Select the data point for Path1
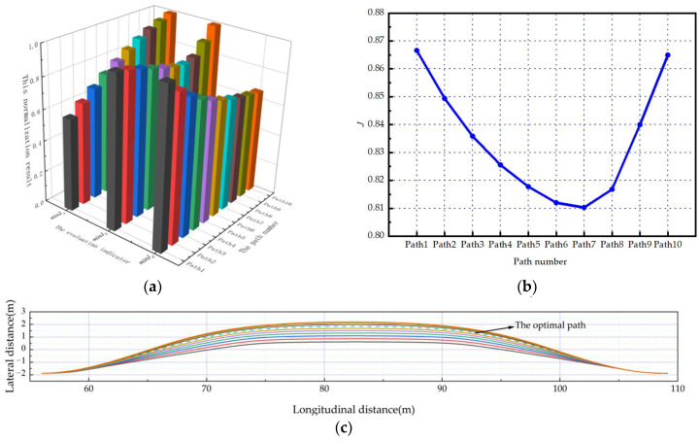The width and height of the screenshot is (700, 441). pyautogui.click(x=416, y=51)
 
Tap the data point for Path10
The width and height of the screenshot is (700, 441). pyautogui.click(x=667, y=55)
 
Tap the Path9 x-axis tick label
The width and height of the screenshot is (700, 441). pyautogui.click(x=639, y=245)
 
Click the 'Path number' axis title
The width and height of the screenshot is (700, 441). pyautogui.click(x=541, y=262)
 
